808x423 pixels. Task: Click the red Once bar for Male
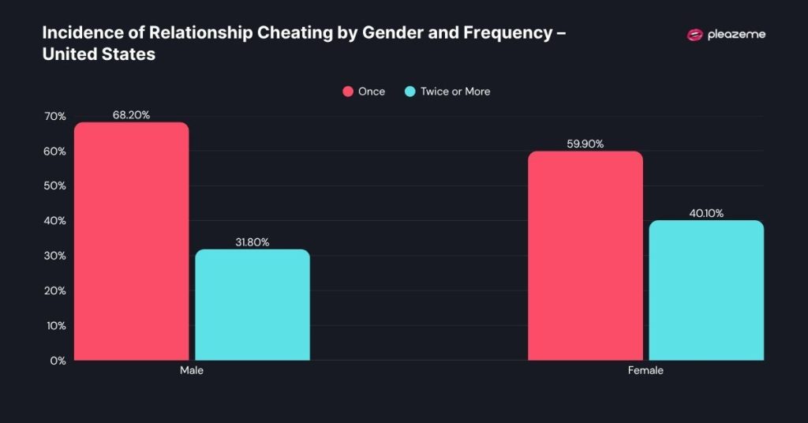click(131, 241)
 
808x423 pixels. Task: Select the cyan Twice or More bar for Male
click(252, 305)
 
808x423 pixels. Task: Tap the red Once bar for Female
click(585, 256)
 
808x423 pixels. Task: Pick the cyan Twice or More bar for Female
click(705, 290)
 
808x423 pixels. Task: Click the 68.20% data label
click(131, 114)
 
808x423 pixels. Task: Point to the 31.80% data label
click(252, 242)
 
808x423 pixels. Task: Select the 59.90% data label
click(585, 144)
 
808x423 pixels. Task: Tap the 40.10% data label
click(705, 213)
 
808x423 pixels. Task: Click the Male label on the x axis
click(191, 370)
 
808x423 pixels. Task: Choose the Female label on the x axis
click(645, 370)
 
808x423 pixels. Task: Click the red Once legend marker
click(347, 92)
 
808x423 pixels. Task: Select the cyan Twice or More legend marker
click(410, 92)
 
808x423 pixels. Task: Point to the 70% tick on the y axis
click(55, 117)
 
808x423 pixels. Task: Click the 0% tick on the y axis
click(58, 361)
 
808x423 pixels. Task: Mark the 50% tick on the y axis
click(55, 186)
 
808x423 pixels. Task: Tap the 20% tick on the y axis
click(55, 291)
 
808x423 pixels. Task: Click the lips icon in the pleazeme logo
click(695, 35)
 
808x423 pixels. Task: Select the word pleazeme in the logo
click(737, 35)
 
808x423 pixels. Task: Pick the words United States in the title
click(99, 55)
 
